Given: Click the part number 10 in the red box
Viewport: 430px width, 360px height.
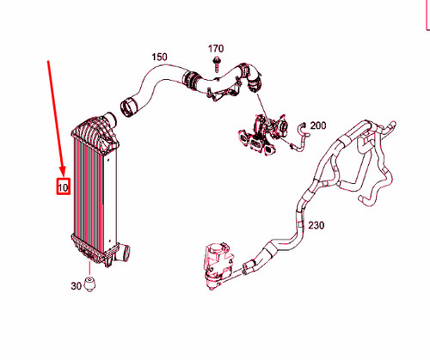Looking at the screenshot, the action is (63, 187).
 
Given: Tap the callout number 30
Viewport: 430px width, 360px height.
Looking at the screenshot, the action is (76, 285).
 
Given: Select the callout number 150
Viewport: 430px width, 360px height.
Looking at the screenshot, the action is (159, 57).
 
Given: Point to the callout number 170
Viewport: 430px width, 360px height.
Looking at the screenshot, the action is (216, 49).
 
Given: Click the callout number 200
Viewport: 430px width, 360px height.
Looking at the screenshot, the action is (318, 125).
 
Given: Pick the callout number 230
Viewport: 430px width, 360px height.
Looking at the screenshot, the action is (316, 225).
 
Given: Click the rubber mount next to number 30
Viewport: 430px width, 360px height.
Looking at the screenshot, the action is (89, 284).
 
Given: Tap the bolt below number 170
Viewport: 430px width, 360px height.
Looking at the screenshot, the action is (216, 64).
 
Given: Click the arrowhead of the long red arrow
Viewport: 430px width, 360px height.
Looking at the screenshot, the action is (63, 172).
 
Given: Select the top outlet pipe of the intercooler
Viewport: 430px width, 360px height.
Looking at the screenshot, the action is (110, 119).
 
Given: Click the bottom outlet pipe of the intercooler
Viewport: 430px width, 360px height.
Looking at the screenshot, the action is (123, 252).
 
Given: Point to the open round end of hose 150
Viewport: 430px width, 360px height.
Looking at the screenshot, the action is (129, 107).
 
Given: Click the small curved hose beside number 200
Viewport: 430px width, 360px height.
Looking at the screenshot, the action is (300, 137).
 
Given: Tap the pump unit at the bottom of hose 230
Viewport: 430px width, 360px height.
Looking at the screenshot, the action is (217, 265).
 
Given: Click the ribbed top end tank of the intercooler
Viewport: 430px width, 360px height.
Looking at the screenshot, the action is (95, 134).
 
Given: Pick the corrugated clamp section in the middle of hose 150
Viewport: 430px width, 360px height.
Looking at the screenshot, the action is (190, 79).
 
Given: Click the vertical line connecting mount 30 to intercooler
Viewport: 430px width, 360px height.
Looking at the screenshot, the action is (89, 269).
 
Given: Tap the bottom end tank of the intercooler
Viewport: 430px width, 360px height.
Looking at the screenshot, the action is (92, 249).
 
